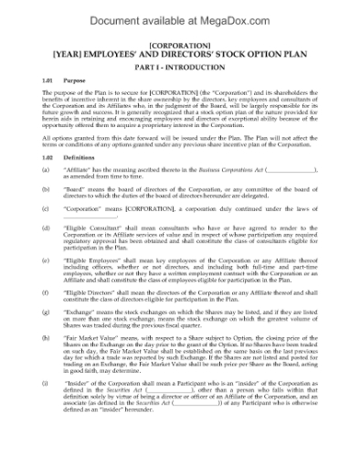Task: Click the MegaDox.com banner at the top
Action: (x=179, y=13)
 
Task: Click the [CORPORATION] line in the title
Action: (x=179, y=44)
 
